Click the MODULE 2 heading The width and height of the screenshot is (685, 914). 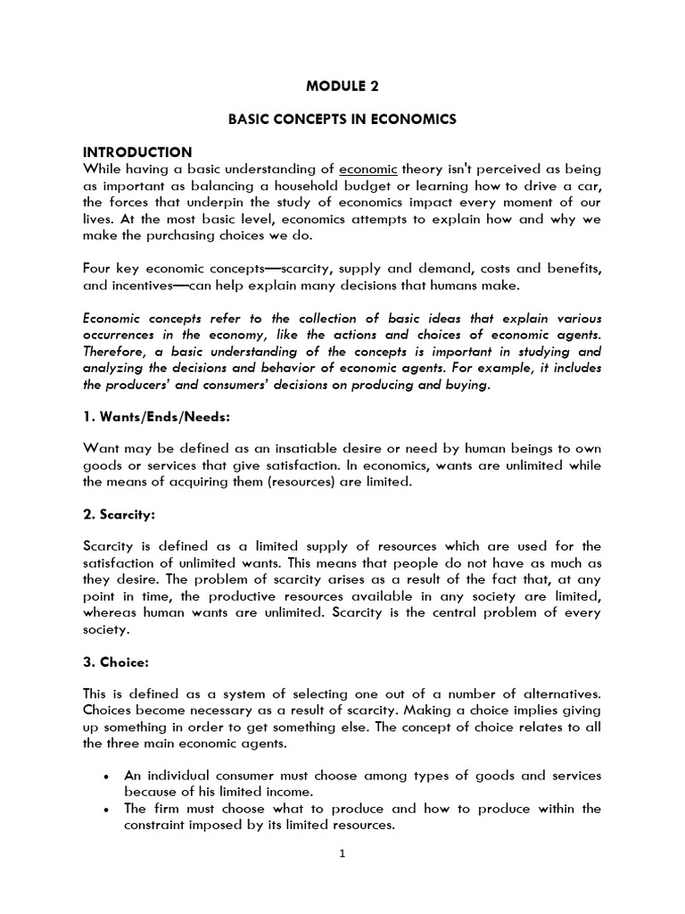[342, 87]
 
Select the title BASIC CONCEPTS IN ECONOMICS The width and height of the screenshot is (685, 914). [342, 120]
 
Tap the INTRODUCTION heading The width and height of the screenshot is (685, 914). [137, 152]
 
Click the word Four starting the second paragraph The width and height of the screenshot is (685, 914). [98, 270]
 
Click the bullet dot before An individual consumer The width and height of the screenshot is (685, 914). [106, 777]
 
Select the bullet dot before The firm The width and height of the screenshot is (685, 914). [106, 809]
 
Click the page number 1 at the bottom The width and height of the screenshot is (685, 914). [342, 877]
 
